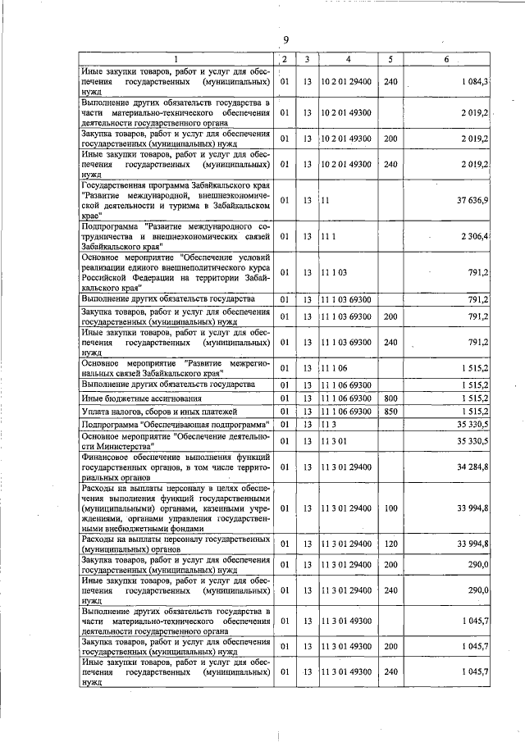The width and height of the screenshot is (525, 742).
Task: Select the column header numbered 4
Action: click(x=348, y=59)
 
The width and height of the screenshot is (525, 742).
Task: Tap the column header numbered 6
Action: click(x=446, y=59)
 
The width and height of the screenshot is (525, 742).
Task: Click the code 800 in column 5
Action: click(x=390, y=398)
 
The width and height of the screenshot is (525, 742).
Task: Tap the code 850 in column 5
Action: click(x=390, y=411)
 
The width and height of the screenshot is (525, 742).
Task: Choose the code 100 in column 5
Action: click(x=390, y=508)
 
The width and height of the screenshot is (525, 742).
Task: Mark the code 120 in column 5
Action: click(x=390, y=544)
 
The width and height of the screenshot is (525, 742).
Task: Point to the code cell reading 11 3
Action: click(x=330, y=424)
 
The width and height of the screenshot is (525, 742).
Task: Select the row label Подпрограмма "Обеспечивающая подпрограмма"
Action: click(x=176, y=424)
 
